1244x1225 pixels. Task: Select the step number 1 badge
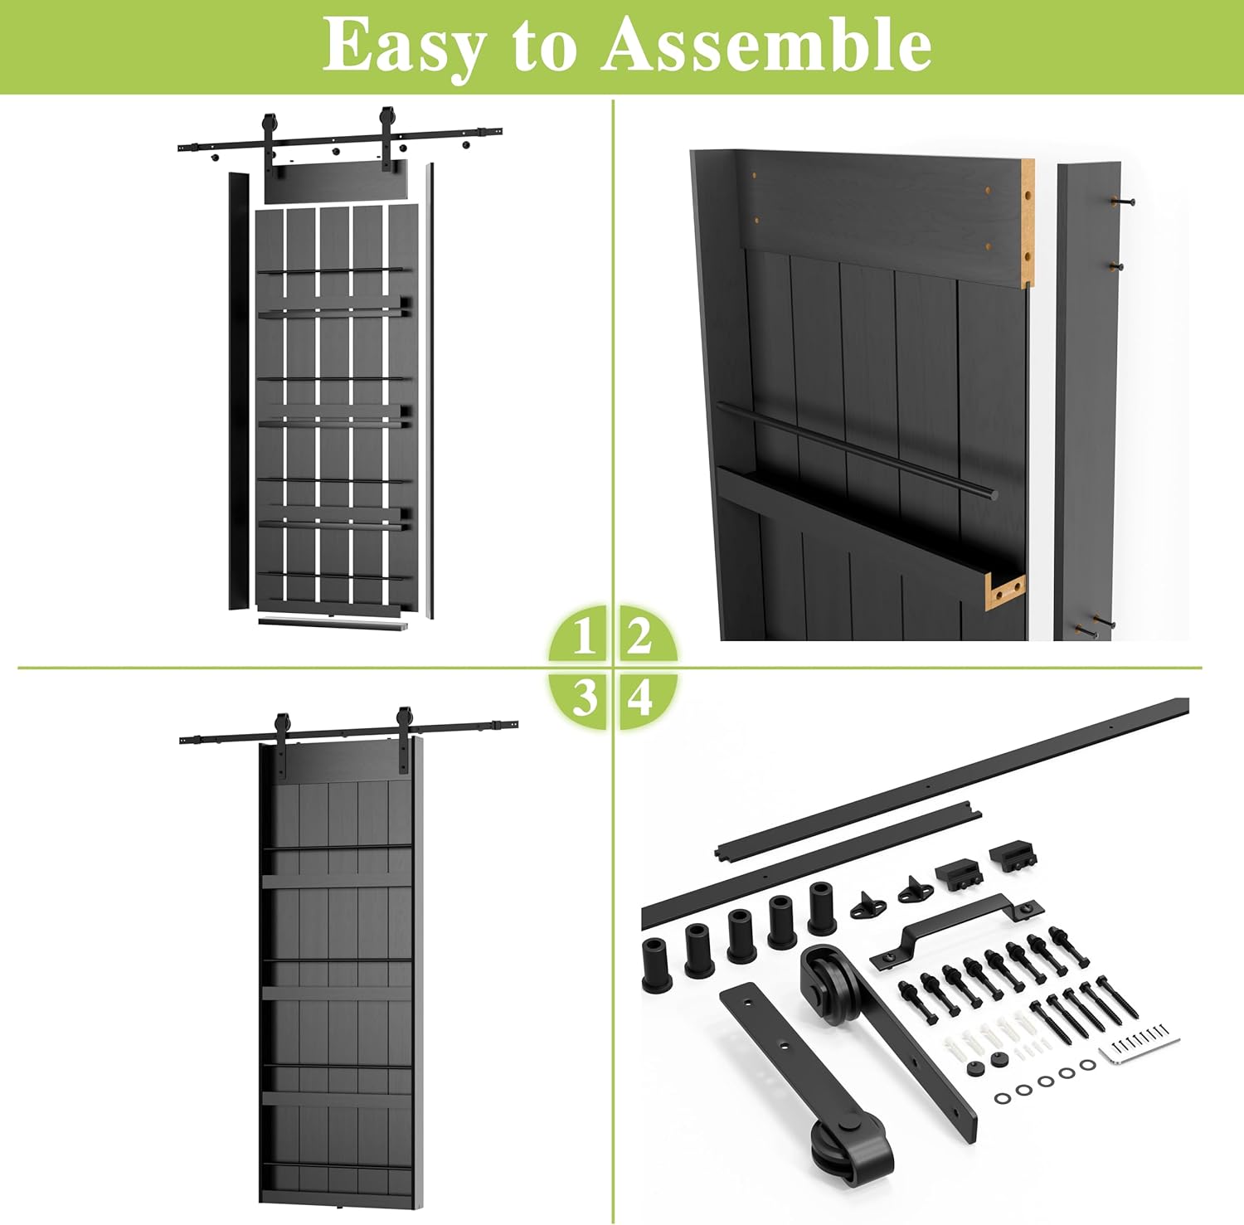583,637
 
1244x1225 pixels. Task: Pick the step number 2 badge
640,637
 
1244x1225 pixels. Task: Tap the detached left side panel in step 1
239,390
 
